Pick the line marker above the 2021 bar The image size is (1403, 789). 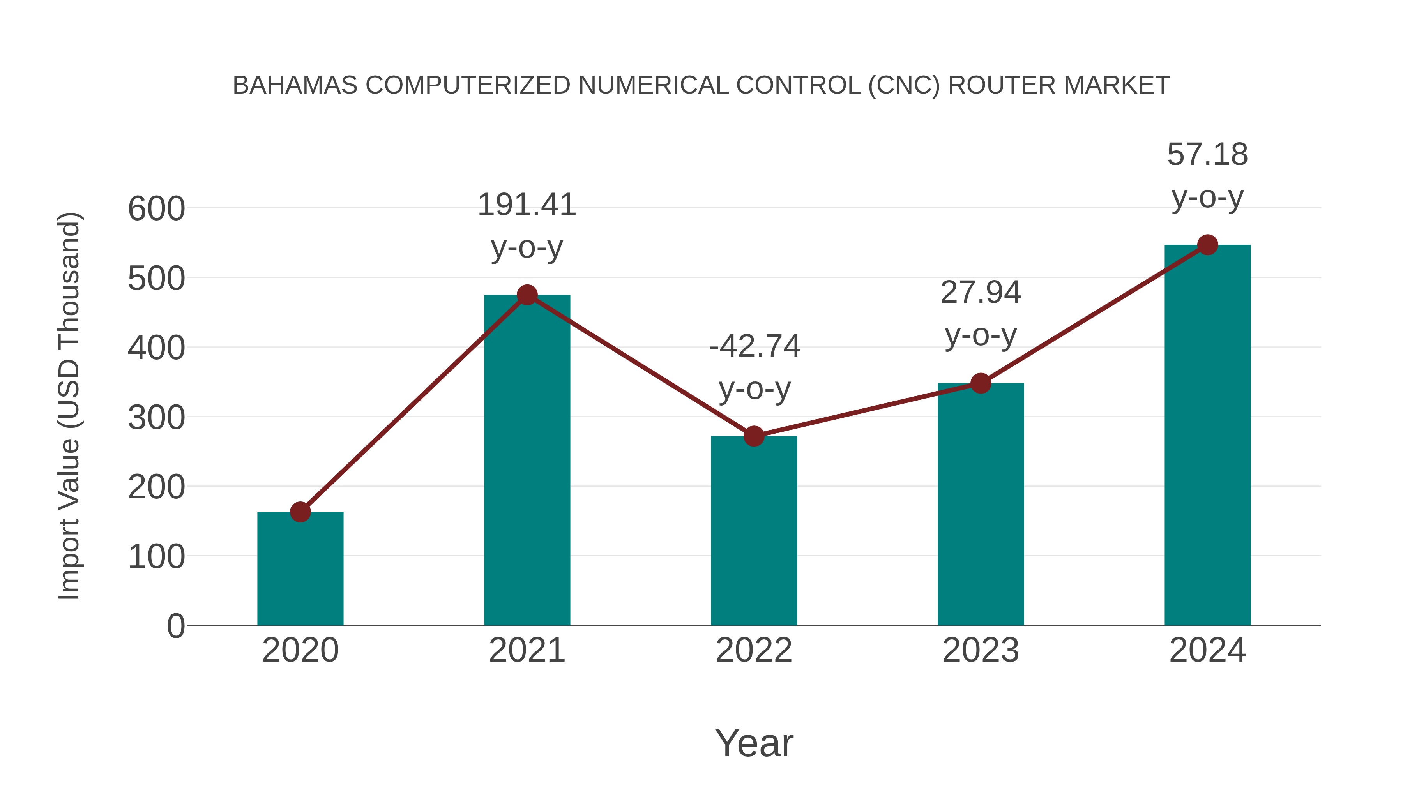tap(527, 295)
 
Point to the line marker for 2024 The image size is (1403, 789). tap(1207, 245)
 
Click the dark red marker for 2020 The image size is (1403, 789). tap(300, 512)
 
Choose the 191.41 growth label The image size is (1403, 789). tap(527, 205)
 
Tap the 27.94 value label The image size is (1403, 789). tap(981, 292)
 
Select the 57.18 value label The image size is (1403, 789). tap(1207, 155)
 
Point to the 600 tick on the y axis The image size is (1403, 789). tap(156, 209)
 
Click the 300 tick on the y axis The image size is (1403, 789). tap(156, 418)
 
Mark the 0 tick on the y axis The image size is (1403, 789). tap(175, 626)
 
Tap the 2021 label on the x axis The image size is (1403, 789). tap(527, 650)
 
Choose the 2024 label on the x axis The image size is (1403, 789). tap(1207, 650)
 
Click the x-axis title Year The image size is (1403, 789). tap(754, 743)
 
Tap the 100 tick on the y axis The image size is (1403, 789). tap(156, 558)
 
